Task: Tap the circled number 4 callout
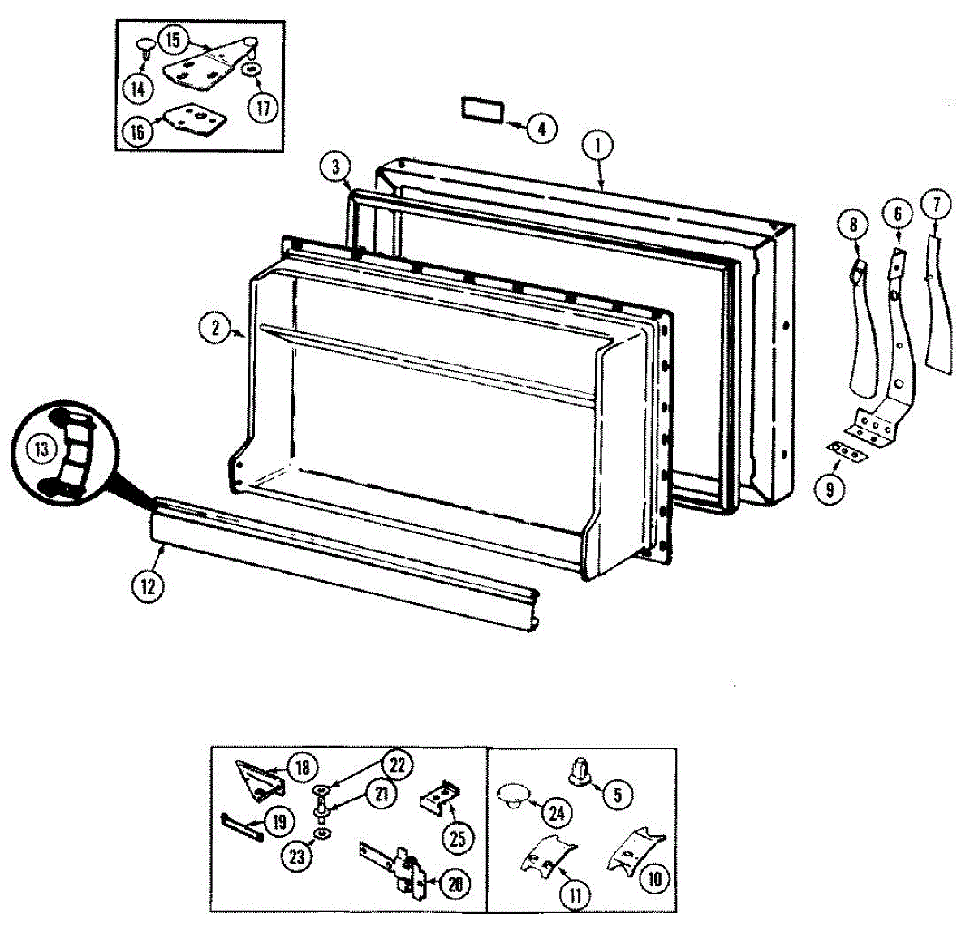point(541,127)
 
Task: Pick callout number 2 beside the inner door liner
point(214,328)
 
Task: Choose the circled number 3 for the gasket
point(334,167)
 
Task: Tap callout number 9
point(830,489)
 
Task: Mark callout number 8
point(853,226)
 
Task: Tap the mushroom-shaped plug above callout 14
point(146,45)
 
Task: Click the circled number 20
point(455,884)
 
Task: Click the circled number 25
point(458,838)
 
